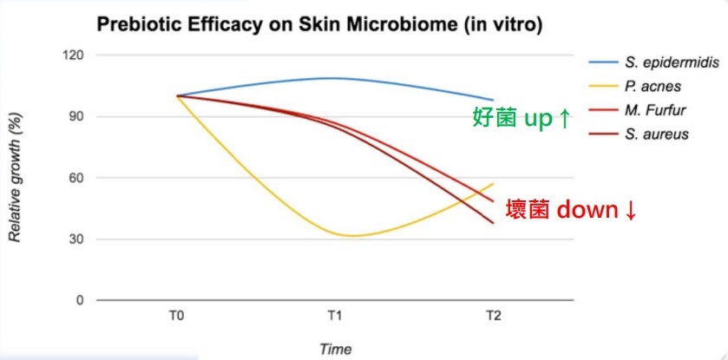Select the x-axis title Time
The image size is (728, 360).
(335, 349)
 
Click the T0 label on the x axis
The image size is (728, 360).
(177, 317)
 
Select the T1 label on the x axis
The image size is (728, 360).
(335, 317)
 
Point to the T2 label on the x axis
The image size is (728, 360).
(493, 317)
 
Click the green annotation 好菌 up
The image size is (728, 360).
(521, 120)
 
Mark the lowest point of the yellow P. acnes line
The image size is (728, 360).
(351, 236)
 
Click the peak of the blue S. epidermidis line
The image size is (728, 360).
(335, 78)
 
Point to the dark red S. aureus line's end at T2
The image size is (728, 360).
(493, 223)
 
